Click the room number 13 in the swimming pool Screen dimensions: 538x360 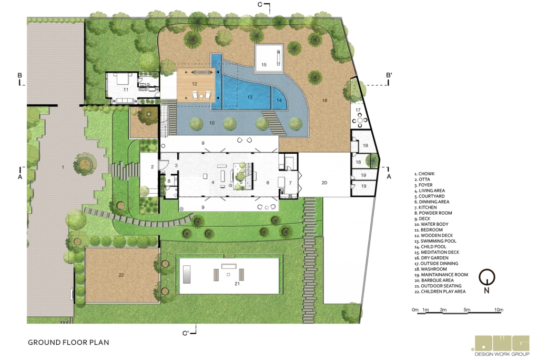point(249,97)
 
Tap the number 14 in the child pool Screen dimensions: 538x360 point(279,101)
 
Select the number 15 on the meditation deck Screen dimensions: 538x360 point(264,65)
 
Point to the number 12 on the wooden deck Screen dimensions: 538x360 point(195,84)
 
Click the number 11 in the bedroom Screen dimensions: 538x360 point(126,89)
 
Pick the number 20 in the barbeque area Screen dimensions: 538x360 point(324,183)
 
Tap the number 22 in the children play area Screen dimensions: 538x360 point(121,275)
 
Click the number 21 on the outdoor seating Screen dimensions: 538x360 point(237,284)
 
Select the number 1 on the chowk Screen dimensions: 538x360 point(63,167)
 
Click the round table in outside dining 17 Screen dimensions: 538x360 point(360,120)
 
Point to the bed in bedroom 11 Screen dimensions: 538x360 point(123,79)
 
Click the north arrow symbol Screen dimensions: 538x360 point(486,279)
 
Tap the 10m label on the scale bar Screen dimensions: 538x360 point(499,310)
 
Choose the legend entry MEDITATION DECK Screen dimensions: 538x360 point(437,252)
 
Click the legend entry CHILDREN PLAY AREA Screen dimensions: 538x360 point(440,292)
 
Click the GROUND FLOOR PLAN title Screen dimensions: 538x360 point(68,343)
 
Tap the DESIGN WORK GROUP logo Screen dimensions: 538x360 point(502,346)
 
